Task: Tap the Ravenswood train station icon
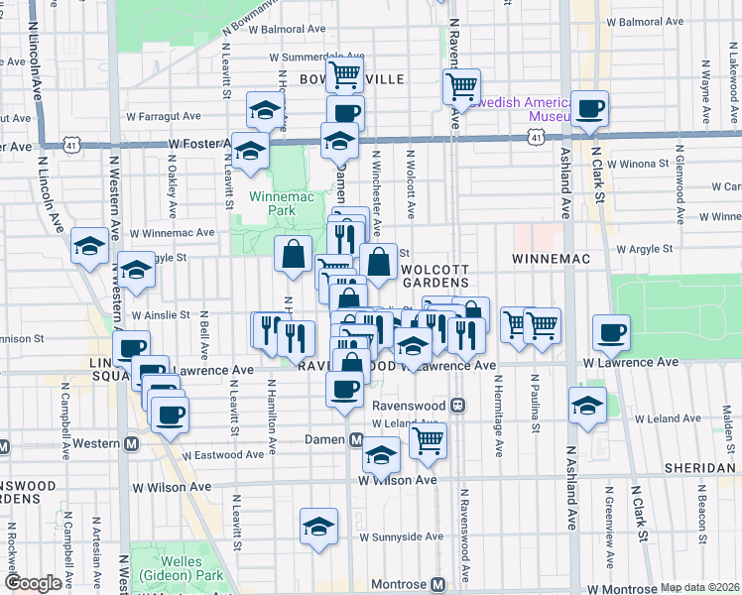tap(459, 405)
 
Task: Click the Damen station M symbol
tap(356, 439)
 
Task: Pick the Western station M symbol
tap(130, 443)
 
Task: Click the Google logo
tap(33, 583)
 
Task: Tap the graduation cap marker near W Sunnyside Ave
tap(318, 526)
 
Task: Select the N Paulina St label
tap(535, 397)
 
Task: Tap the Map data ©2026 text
tap(699, 587)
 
